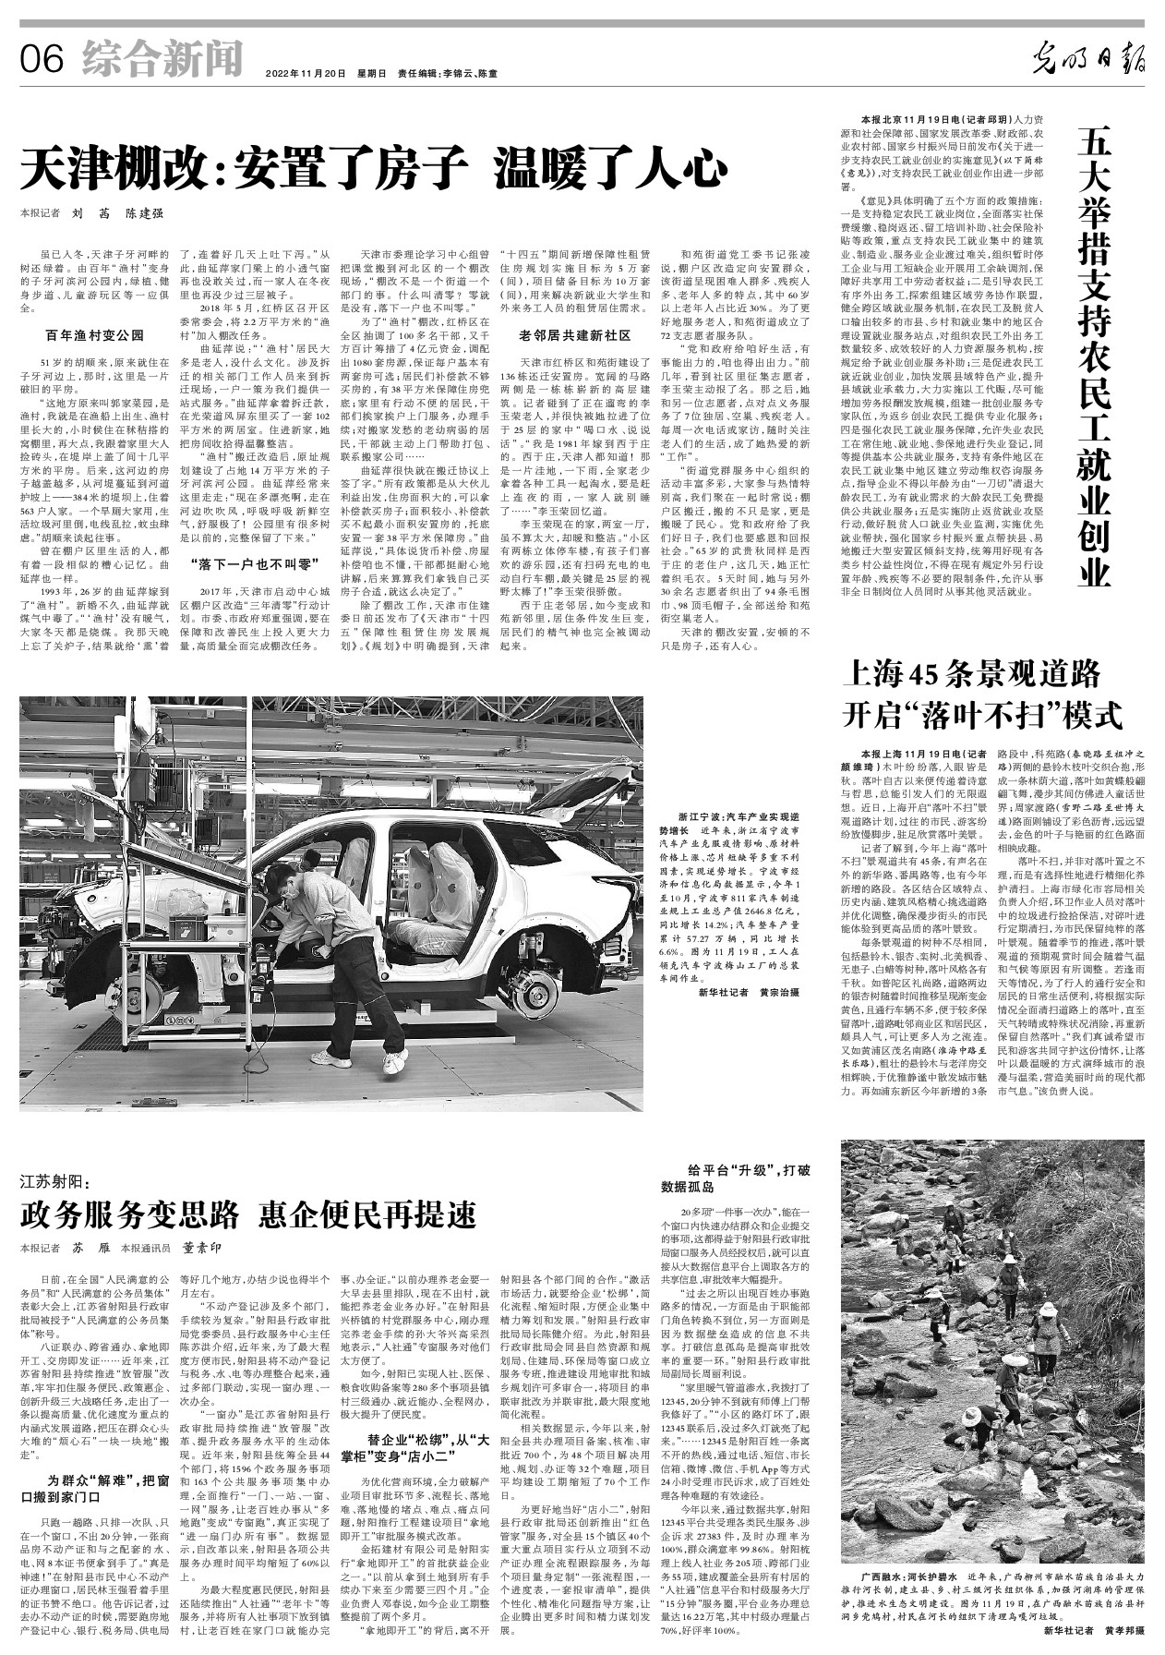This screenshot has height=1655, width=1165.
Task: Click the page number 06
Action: tap(41, 60)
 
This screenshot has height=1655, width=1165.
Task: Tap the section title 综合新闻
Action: tap(162, 58)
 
